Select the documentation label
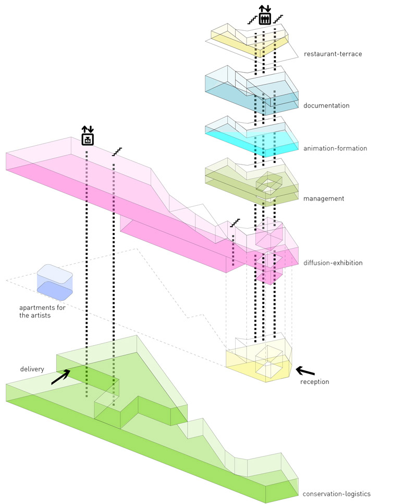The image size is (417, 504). click(326, 106)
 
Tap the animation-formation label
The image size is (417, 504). click(335, 148)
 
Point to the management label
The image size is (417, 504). click(324, 198)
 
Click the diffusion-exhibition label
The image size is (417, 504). click(333, 263)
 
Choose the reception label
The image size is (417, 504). click(315, 382)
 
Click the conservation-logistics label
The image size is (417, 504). click(337, 494)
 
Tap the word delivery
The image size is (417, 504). click(32, 369)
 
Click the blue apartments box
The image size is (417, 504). click(54, 285)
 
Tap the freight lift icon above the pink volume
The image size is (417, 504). click(87, 136)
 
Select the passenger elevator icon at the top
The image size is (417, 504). click(264, 16)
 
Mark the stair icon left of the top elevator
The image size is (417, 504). click(252, 20)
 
